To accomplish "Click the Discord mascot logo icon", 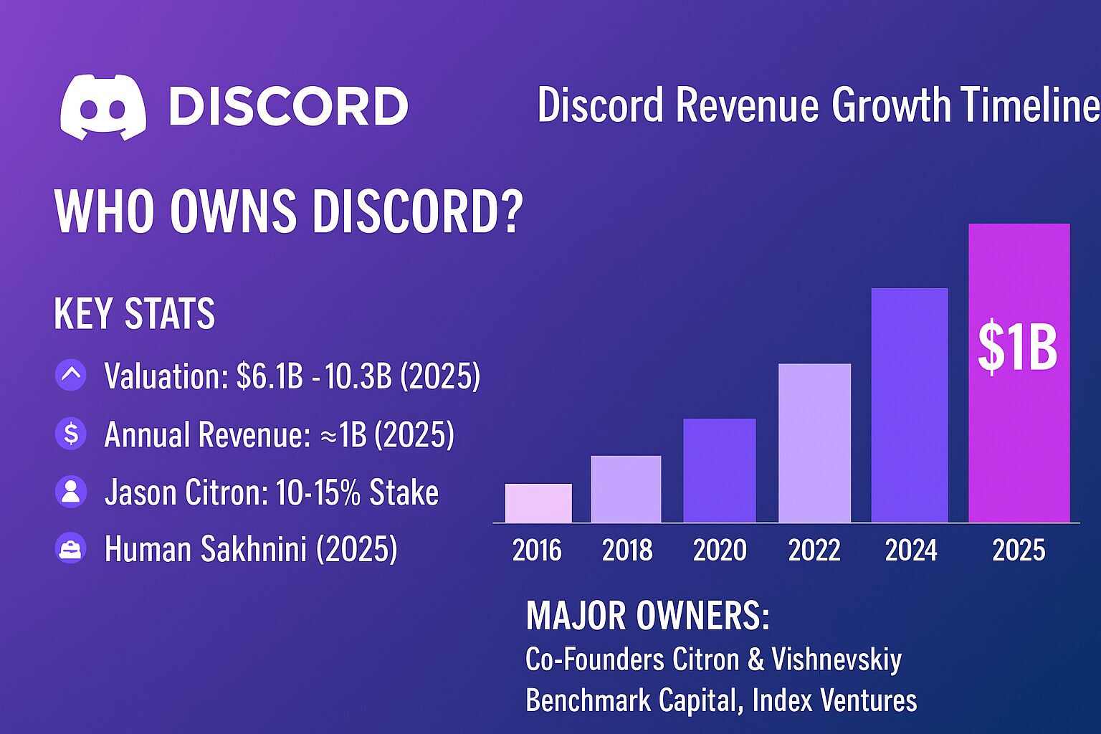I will pos(103,107).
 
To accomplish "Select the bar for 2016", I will pos(538,503).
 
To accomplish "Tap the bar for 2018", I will pos(626,489).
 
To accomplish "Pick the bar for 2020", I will pos(719,470).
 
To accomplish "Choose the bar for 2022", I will pos(814,443).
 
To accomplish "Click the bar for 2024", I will pos(910,405).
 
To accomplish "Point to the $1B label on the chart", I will pos(1018,348).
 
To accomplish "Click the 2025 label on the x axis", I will pos(1019,550).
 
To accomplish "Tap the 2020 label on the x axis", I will pos(720,550).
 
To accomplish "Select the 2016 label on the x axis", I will pos(538,550).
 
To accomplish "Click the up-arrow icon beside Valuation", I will pos(71,375).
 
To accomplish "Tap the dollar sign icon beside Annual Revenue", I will pos(71,434).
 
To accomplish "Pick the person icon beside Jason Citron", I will pos(71,492).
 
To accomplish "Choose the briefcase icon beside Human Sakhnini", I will pos(71,549).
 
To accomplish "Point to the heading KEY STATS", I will pos(135,314).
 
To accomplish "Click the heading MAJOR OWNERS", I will pos(648,616).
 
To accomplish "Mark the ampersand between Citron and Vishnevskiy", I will pos(756,659).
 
